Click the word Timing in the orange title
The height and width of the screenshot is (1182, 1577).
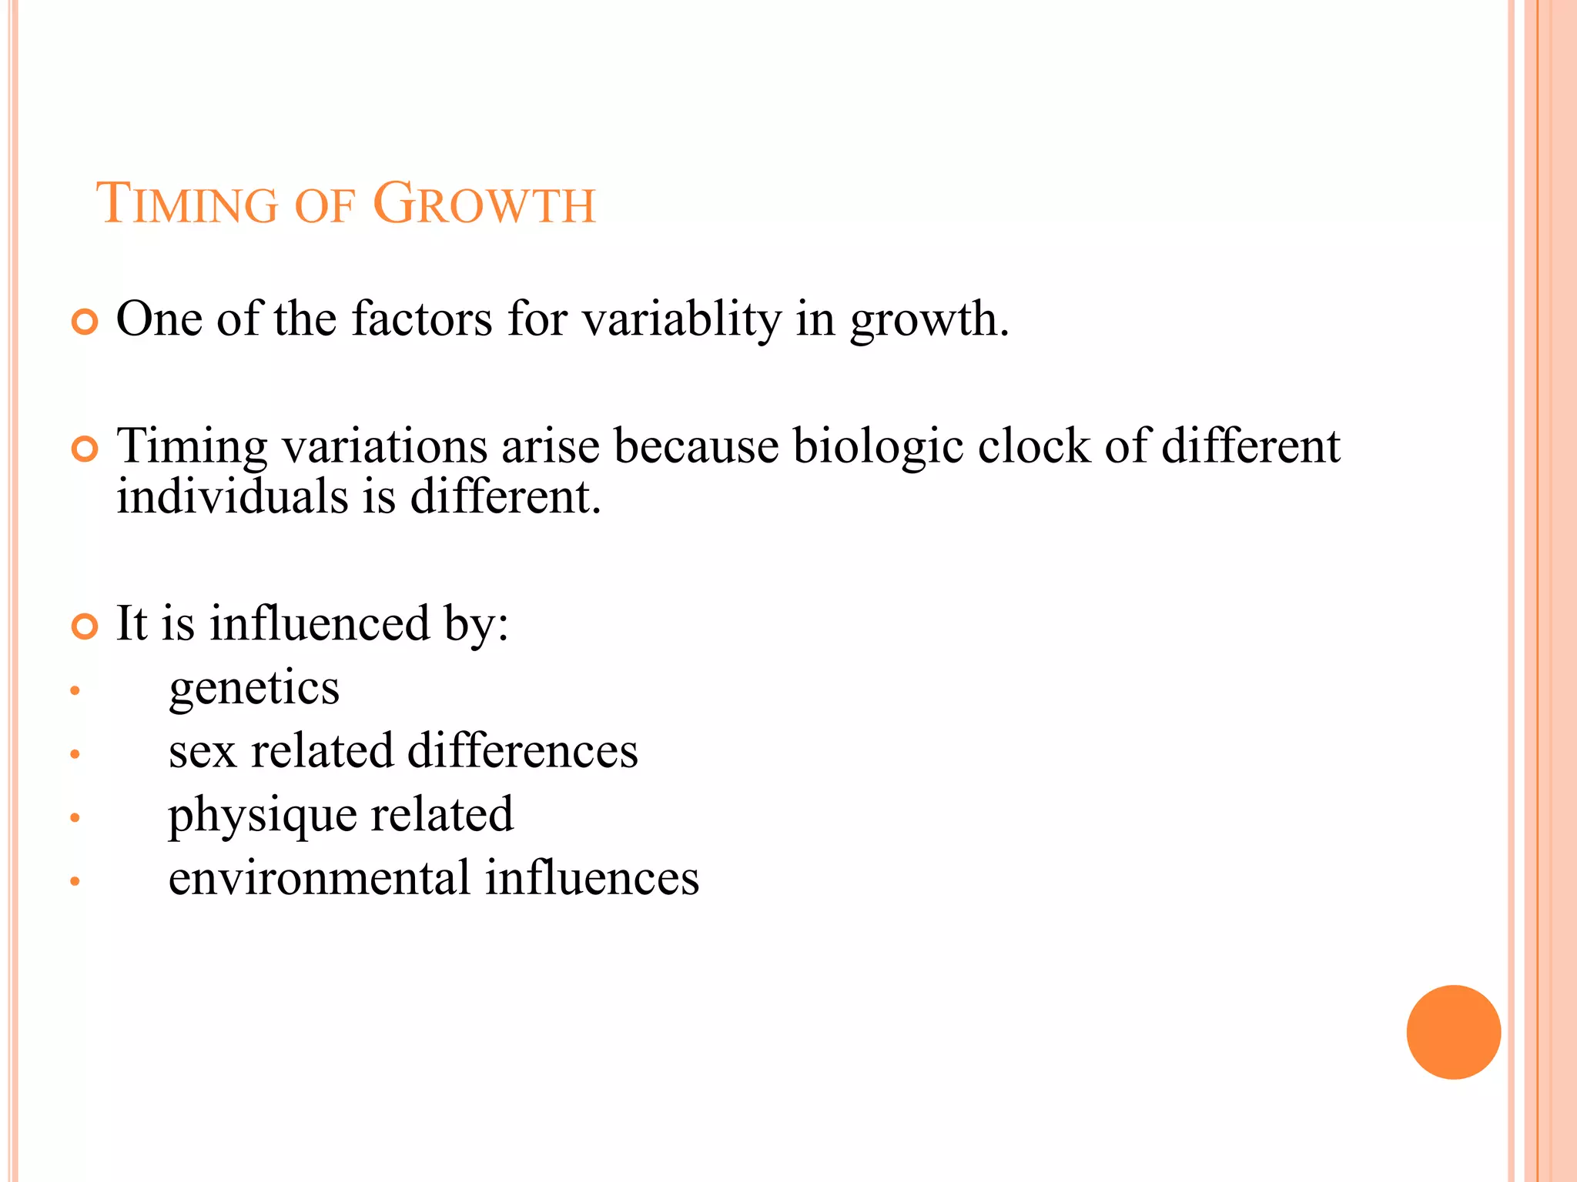pos(186,205)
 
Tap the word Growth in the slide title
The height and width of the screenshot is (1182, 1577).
pos(484,205)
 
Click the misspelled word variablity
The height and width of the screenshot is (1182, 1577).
pos(681,319)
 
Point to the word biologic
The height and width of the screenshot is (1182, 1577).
pos(878,446)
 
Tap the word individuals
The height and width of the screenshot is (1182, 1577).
pos(233,496)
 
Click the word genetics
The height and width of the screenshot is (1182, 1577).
pos(254,688)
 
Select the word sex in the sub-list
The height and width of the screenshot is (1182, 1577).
pos(202,752)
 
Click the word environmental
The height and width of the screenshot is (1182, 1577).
pos(320,878)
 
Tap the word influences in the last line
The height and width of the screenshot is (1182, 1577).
pos(592,878)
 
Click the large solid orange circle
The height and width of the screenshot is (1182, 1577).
pos(1453,1032)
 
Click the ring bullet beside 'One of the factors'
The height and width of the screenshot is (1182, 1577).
pos(85,322)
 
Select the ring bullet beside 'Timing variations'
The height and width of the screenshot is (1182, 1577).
pos(85,449)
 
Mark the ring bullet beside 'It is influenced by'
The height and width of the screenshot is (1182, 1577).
pos(85,626)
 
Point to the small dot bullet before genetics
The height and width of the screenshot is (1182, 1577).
pos(75,690)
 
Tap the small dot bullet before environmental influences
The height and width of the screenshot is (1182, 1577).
pos(75,881)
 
